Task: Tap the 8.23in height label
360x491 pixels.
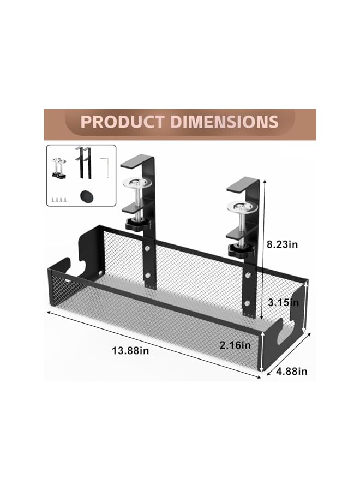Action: click(x=286, y=245)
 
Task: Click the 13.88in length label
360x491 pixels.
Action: click(x=130, y=351)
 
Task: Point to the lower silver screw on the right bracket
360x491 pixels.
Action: click(x=248, y=303)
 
